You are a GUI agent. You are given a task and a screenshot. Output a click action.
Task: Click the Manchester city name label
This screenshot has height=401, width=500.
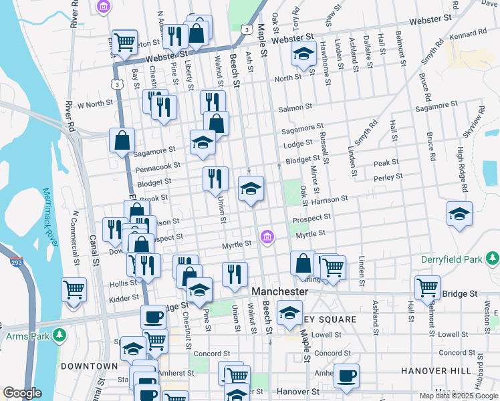pos(280,292)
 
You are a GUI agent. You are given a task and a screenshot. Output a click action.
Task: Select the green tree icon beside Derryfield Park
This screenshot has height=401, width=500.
pos(493,258)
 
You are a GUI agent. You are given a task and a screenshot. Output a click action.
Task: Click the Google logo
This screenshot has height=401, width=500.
pos(22,393)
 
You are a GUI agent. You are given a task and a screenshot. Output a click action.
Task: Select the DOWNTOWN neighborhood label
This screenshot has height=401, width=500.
pos(89,366)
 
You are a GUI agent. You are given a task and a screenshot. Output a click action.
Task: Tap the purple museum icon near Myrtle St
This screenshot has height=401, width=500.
pos(267,236)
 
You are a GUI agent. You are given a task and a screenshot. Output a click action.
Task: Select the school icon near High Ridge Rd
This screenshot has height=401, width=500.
pos(459,214)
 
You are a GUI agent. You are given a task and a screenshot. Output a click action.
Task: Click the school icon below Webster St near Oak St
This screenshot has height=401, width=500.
pos(303,53)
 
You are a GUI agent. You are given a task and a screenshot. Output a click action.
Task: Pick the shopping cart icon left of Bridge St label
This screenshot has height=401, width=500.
pos(427,287)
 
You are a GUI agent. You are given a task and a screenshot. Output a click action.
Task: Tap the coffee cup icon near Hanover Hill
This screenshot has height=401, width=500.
pos(346,376)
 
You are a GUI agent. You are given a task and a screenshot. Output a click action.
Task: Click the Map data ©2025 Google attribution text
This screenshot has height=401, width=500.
pos(458,395)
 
